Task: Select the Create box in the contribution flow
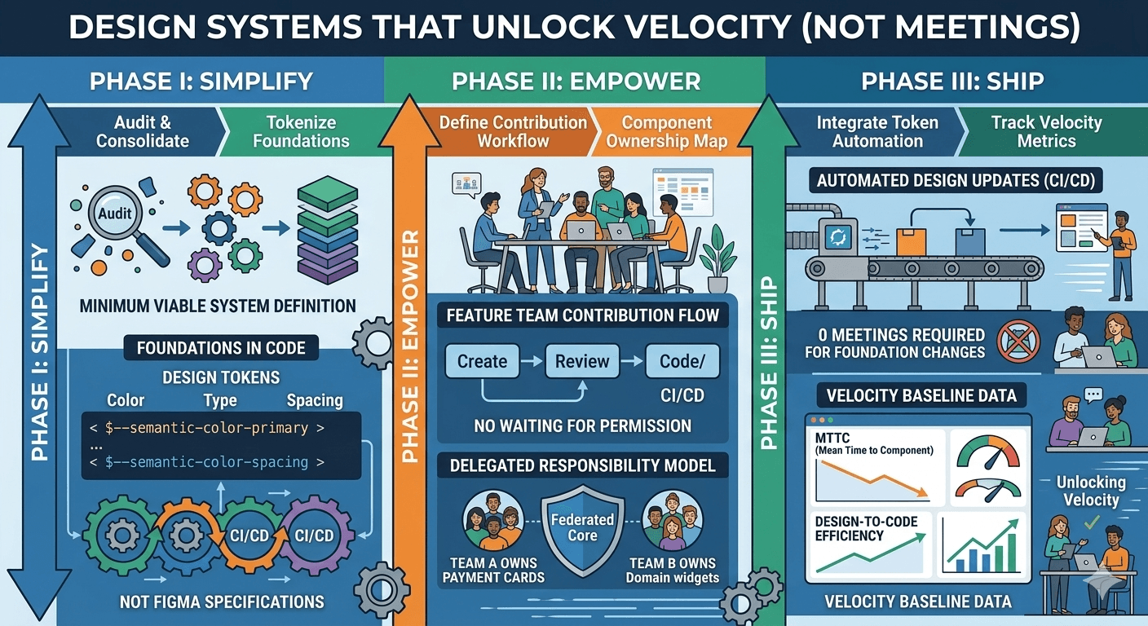click(482, 361)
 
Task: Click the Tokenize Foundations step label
click(301, 132)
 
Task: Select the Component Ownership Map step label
click(667, 132)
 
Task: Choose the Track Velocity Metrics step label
click(1046, 132)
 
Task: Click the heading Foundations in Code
click(221, 348)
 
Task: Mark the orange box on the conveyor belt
click(912, 242)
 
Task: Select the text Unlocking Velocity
click(1091, 491)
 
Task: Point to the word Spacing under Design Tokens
click(315, 400)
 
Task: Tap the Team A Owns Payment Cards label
click(492, 571)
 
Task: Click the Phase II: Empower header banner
click(576, 82)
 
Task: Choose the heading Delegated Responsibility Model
click(582, 465)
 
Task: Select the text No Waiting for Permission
click(582, 425)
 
